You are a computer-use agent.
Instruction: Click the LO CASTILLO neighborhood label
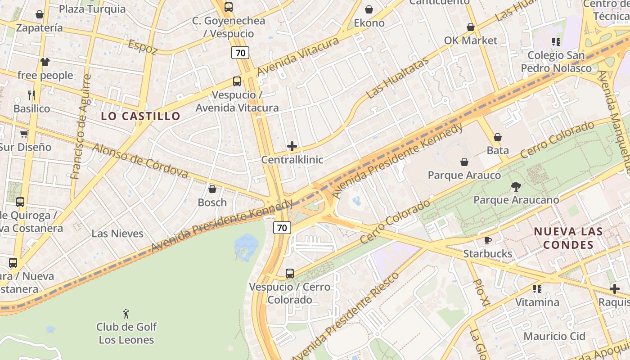pyautogui.click(x=140, y=116)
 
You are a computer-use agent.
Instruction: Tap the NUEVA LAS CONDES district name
pyautogui.click(x=568, y=238)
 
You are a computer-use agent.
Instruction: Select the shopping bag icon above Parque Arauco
pyautogui.click(x=464, y=162)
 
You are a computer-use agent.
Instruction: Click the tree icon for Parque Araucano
pyautogui.click(x=516, y=186)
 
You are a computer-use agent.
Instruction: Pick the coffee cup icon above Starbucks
pyautogui.click(x=487, y=240)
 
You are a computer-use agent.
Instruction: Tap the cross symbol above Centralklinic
pyautogui.click(x=292, y=146)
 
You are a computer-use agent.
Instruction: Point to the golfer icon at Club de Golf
pyautogui.click(x=126, y=313)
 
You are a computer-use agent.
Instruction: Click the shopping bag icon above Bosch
pyautogui.click(x=212, y=189)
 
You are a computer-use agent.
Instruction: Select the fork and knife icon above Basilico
pyautogui.click(x=31, y=95)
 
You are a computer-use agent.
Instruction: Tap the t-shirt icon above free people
pyautogui.click(x=45, y=62)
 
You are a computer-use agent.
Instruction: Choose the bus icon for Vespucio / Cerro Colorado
pyautogui.click(x=290, y=273)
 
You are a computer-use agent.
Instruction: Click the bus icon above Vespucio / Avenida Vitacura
pyautogui.click(x=237, y=81)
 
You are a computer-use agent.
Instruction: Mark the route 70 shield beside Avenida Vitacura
pyautogui.click(x=240, y=53)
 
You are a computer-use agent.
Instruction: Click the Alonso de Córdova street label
pyautogui.click(x=140, y=161)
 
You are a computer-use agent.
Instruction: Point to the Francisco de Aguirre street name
pyautogui.click(x=81, y=127)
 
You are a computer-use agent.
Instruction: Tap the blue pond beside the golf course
pyautogui.click(x=246, y=247)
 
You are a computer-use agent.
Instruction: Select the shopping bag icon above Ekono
pyautogui.click(x=369, y=9)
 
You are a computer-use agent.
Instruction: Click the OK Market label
pyautogui.click(x=471, y=40)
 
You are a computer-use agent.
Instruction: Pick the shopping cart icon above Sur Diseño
pyautogui.click(x=24, y=134)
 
